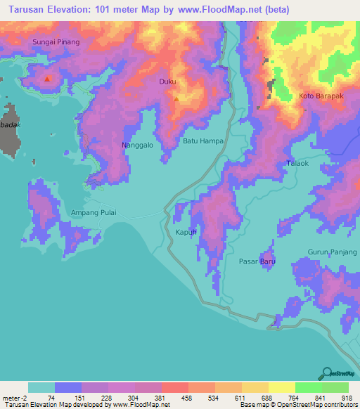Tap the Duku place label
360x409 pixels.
click(167, 82)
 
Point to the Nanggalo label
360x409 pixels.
click(138, 145)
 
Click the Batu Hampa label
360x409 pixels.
click(203, 141)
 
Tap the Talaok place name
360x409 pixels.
click(297, 163)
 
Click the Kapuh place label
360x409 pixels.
click(185, 232)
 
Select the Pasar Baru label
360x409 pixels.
click(257, 261)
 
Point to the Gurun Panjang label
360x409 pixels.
click(332, 252)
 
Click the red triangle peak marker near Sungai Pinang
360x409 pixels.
click(47, 79)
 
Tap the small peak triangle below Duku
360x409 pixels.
click(176, 98)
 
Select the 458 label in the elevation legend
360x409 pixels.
click(187, 398)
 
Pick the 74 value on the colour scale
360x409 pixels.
click(51, 398)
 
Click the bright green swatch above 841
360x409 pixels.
click(308, 387)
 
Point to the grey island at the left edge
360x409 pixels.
click(11, 129)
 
